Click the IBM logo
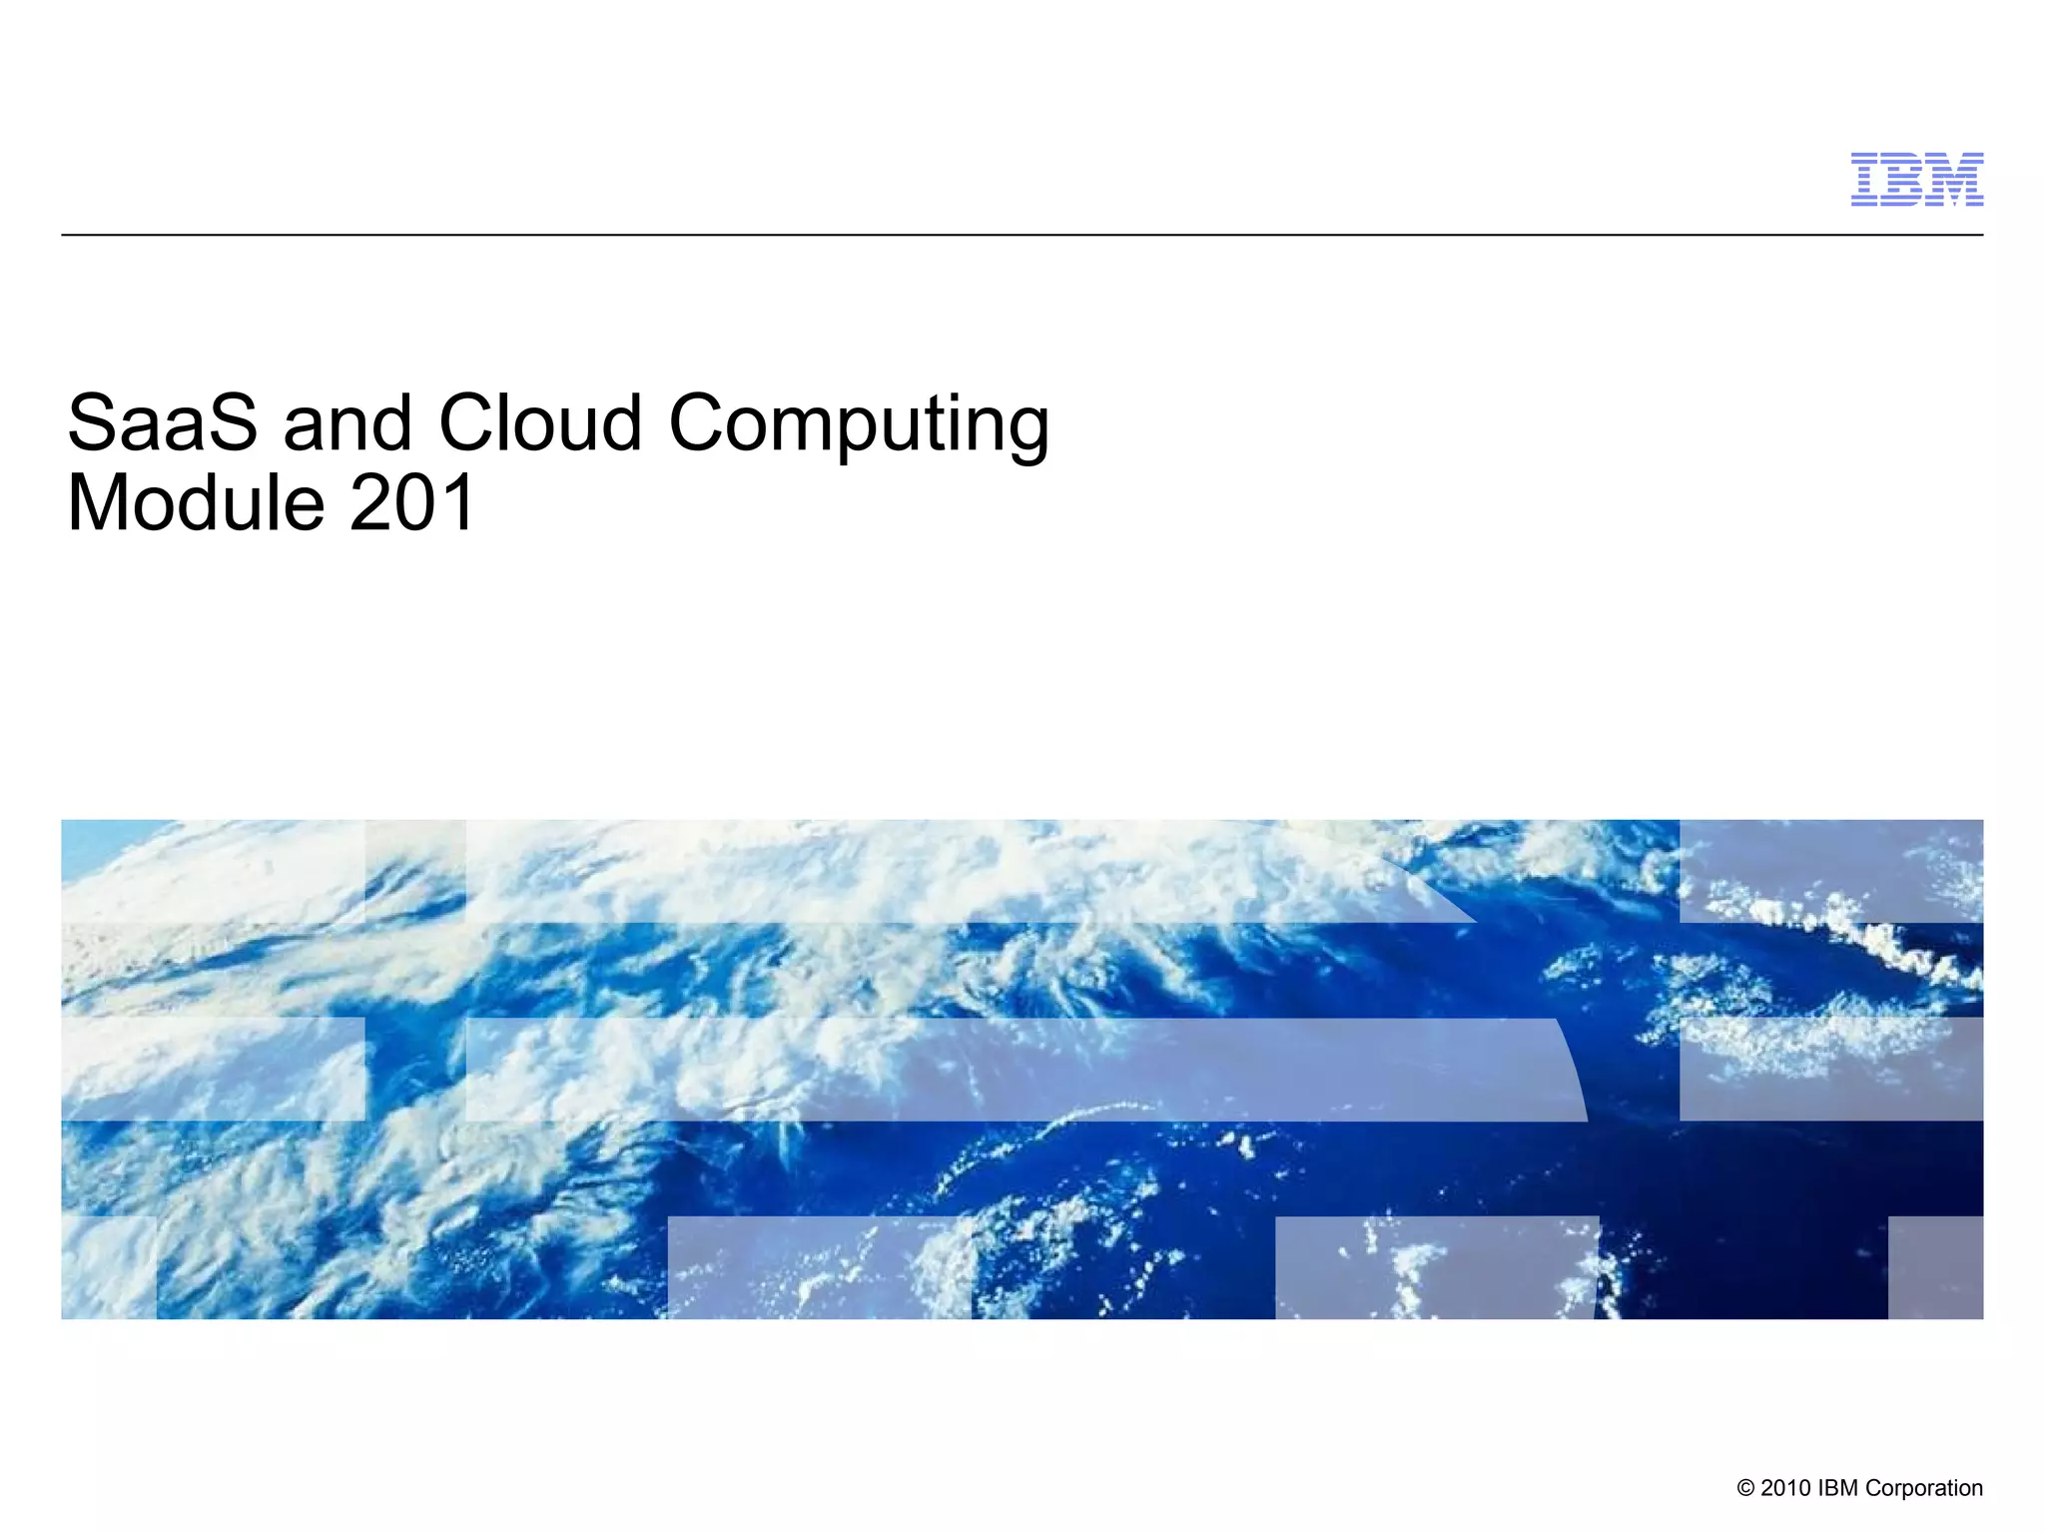tap(1916, 180)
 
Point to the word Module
tap(196, 503)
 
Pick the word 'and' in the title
tap(347, 423)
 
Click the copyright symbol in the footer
tap(1745, 1488)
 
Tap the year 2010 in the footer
tap(1785, 1488)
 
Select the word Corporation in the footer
tap(1924, 1489)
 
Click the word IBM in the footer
tap(1838, 1488)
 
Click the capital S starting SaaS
tap(93, 423)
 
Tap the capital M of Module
tap(98, 503)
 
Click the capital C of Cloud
tap(470, 423)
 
